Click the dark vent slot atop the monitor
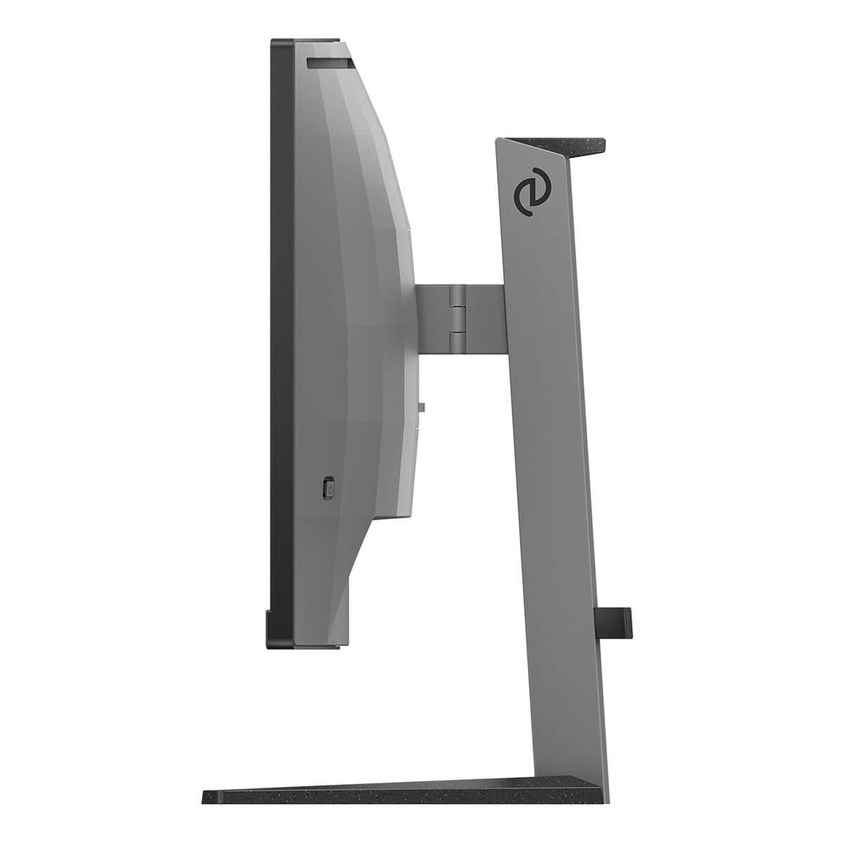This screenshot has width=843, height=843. (329, 63)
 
